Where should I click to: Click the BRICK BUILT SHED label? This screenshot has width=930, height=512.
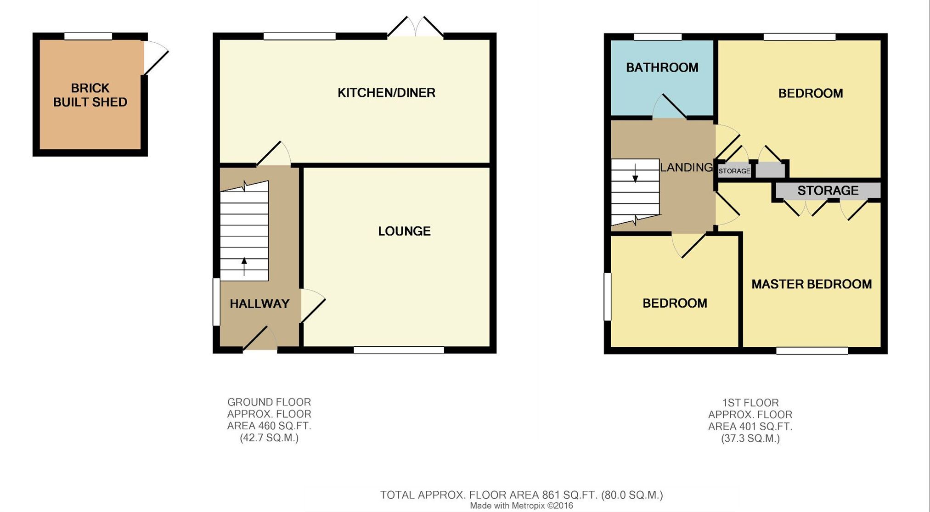[90, 95]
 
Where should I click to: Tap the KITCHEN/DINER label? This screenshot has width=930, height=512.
[386, 93]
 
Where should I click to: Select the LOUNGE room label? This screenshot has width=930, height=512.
[404, 231]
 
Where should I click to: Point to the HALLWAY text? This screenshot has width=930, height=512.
[259, 304]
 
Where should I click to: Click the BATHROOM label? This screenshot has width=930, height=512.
[662, 68]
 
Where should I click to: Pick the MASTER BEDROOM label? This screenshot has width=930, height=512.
[812, 284]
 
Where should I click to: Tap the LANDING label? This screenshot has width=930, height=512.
[687, 168]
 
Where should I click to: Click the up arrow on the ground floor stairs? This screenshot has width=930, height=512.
[244, 266]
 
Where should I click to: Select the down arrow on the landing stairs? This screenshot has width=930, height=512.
[635, 173]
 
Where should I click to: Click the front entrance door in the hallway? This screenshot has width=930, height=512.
[259, 339]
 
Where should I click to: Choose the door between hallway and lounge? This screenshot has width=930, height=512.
[313, 305]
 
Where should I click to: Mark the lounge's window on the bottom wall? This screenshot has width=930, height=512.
[399, 350]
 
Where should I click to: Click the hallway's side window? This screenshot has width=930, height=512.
[216, 302]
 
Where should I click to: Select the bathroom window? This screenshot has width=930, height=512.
[658, 37]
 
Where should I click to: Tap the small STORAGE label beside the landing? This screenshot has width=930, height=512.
[734, 171]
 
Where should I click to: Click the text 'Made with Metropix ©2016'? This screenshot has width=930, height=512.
[521, 506]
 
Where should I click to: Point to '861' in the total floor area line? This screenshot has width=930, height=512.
[551, 495]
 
